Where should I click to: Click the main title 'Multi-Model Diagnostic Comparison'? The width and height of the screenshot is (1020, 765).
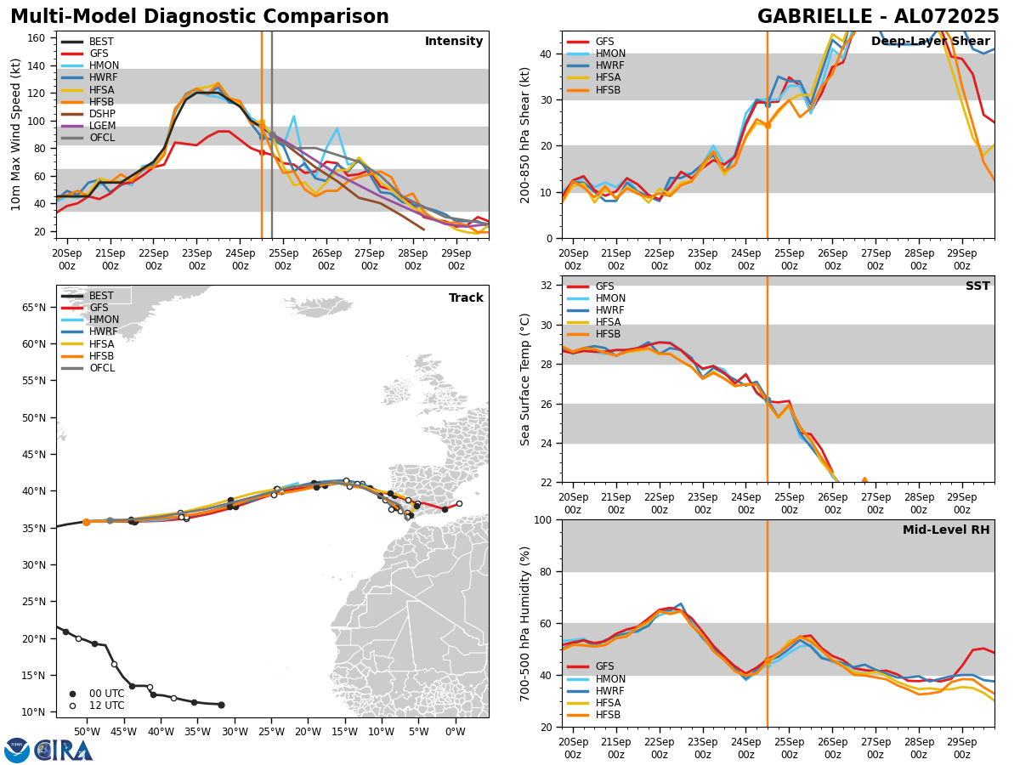(200, 17)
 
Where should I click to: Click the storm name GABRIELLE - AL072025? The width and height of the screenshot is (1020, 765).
(878, 17)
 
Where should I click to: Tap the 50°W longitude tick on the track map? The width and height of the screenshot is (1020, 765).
(86, 732)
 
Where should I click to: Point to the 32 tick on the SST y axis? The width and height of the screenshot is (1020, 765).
(547, 286)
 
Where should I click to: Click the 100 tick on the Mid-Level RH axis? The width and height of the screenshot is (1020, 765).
(543, 519)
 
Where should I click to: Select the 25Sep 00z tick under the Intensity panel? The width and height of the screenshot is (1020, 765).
(283, 259)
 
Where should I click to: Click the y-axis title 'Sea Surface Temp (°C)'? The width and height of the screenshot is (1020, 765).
(525, 379)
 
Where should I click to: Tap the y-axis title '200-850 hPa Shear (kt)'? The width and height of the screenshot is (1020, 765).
(525, 135)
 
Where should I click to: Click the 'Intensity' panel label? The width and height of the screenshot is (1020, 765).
(453, 42)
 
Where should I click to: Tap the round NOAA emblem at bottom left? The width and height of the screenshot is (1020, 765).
(17, 751)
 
